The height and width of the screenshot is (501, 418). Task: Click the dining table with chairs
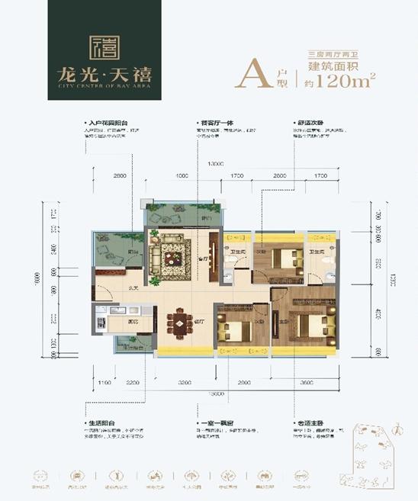coord(180,323)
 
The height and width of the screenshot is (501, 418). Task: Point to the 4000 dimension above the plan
coord(182,177)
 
